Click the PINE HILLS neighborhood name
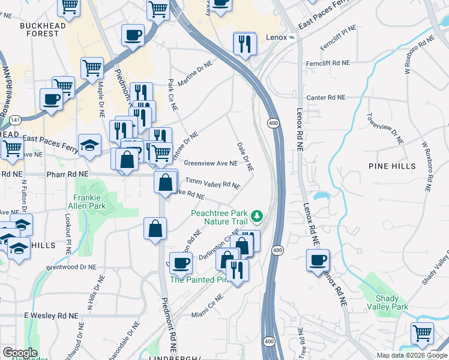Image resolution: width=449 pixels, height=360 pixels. [x=389, y=164]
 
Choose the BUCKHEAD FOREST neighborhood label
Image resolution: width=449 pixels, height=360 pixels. [x=40, y=29]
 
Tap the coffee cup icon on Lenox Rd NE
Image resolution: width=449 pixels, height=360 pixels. [x=318, y=260]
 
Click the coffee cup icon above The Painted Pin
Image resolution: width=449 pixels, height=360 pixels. [x=181, y=262]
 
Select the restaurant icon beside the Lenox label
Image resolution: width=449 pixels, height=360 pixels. [x=244, y=43]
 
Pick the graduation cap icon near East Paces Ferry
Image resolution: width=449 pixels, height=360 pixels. [x=89, y=145]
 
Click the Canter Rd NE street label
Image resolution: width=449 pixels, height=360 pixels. [x=326, y=97]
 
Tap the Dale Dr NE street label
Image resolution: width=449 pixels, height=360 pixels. [x=245, y=157]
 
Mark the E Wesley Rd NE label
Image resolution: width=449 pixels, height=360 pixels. [x=51, y=315]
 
